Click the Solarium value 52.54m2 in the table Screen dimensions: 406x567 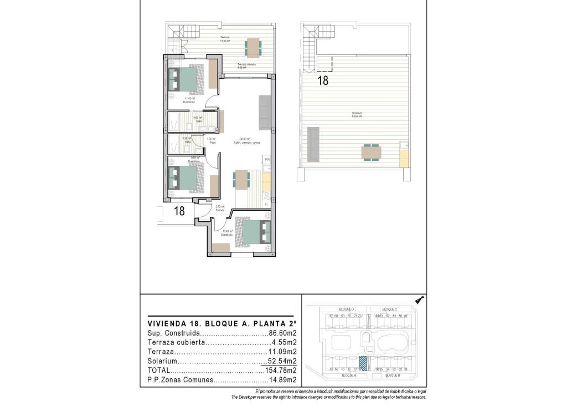point(279,361)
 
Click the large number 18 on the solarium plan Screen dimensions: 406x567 point(323,80)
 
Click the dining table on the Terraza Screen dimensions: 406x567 point(253,47)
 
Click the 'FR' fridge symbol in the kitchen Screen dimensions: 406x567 point(266,160)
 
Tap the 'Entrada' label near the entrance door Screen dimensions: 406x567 point(219,210)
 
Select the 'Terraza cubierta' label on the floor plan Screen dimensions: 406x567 point(246,65)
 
